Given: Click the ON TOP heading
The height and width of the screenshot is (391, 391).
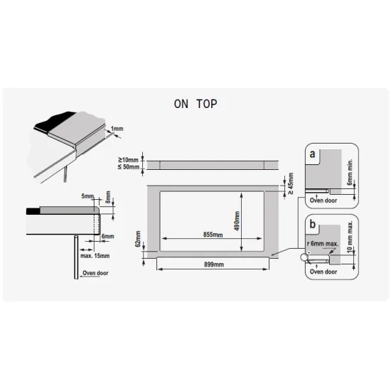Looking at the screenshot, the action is (195, 104).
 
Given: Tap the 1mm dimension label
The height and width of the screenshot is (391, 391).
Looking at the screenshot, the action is (117, 129).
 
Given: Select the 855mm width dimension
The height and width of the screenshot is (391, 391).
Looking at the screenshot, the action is (213, 235).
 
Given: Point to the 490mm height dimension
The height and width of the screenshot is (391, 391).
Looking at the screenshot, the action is (237, 221).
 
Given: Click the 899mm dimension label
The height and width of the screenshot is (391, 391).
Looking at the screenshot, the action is (214, 264).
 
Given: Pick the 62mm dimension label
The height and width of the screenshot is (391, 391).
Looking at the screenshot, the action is (138, 240).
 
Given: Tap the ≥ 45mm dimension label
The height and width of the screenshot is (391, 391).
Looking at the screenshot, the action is (291, 184).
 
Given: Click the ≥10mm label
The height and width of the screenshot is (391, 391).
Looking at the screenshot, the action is (129, 159).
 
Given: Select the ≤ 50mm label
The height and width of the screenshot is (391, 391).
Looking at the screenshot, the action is (129, 167).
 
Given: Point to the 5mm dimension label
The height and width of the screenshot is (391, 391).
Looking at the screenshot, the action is (87, 196).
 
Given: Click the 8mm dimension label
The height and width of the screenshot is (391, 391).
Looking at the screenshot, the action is (108, 197).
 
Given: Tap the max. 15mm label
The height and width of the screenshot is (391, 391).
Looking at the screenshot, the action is (95, 256).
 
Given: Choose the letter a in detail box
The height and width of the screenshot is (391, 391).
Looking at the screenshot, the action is (312, 154).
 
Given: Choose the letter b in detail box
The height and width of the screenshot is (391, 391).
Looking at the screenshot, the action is (313, 224).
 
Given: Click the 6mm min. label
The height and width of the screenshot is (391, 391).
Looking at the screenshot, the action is (350, 172).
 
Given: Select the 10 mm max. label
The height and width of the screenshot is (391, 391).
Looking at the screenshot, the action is (350, 236).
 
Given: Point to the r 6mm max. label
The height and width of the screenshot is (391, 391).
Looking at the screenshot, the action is (323, 244).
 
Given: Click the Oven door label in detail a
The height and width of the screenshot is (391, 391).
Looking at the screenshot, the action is (323, 200).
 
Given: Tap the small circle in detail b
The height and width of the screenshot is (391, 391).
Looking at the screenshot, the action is (304, 257).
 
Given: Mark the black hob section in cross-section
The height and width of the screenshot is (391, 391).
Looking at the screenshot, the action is (33, 211).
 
